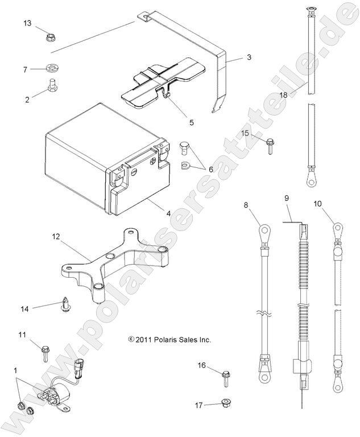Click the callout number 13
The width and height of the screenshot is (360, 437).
pyautogui.click(x=27, y=23)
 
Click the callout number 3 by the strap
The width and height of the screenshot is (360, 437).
pyautogui.click(x=249, y=57)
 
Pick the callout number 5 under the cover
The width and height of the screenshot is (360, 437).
pyautogui.click(x=176, y=121)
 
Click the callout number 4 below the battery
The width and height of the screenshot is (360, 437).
pyautogui.click(x=168, y=213)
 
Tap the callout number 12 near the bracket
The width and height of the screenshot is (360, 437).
pyautogui.click(x=72, y=235)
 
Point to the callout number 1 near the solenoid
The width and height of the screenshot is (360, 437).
pyautogui.click(x=16, y=370)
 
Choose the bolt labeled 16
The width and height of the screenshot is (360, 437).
pyautogui.click(x=226, y=377)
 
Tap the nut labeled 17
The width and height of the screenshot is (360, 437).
pyautogui.click(x=224, y=404)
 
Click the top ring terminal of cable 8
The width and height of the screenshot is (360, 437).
pyautogui.click(x=265, y=232)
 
